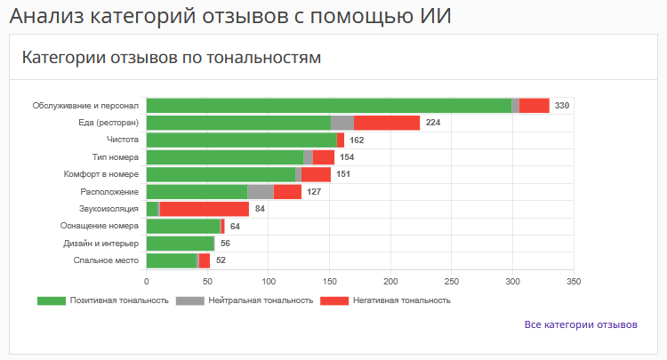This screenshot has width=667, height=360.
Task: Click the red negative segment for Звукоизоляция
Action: click(204, 209)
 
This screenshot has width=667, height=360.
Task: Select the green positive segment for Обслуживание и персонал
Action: click(328, 106)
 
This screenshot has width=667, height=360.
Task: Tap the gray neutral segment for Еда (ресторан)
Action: click(342, 123)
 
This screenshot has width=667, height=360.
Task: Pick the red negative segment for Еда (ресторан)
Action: click(387, 123)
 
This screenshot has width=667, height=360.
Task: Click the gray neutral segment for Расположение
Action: click(261, 191)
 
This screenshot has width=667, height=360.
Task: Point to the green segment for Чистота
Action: click(241, 140)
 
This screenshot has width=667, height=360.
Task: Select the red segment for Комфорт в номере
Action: click(316, 174)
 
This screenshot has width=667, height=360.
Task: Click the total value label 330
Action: click(562, 106)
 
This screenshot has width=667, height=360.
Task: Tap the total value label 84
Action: click(260, 209)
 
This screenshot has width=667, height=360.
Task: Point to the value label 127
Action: click(314, 191)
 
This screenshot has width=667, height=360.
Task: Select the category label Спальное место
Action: click(107, 260)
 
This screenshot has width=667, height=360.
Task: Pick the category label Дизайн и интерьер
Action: click(101, 244)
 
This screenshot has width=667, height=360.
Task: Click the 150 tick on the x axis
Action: click(329, 281)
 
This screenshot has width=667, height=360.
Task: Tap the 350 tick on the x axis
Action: click(574, 281)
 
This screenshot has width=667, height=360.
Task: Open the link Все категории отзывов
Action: click(581, 324)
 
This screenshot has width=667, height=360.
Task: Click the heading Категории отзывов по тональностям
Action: click(171, 58)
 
